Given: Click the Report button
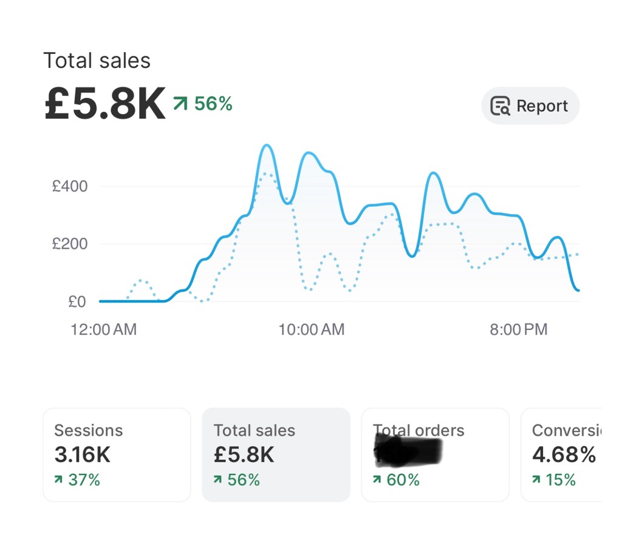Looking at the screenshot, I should (x=530, y=106).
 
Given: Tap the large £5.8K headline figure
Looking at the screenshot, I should (x=104, y=104).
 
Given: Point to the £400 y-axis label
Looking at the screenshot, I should (x=70, y=186).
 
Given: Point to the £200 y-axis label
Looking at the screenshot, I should (x=70, y=244).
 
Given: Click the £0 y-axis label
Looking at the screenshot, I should (x=77, y=302).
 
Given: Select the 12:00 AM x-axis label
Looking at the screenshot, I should (x=103, y=329).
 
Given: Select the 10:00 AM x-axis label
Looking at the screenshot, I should (x=311, y=329).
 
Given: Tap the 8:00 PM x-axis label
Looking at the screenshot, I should (x=518, y=329).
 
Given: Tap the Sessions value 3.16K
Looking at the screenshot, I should (x=82, y=454).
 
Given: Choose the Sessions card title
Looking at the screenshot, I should (x=88, y=430).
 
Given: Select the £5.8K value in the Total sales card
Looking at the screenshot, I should (x=244, y=454).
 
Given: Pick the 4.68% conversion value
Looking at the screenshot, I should (x=564, y=454).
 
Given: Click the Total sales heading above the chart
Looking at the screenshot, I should (x=97, y=61).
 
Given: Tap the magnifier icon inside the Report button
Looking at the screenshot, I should (x=500, y=106).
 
